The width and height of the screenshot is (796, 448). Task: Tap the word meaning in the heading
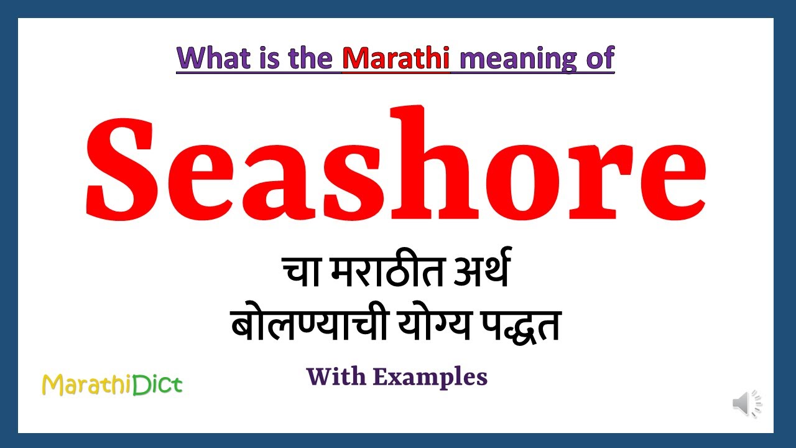click(511, 60)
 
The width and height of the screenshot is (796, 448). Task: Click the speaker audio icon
click(746, 404)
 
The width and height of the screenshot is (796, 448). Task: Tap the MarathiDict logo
click(112, 385)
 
